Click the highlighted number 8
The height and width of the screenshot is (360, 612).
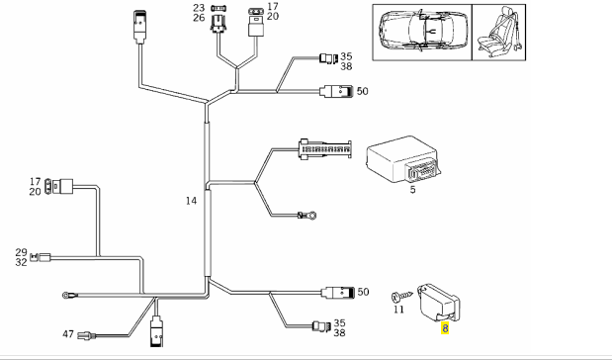coord(445,328)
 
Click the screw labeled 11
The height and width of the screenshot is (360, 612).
coord(401,297)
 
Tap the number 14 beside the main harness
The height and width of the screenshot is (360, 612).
coord(191,201)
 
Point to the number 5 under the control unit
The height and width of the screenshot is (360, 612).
coord(413,190)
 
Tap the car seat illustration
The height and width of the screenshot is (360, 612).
coord(499,32)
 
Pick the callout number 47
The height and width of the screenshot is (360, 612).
coord(68,334)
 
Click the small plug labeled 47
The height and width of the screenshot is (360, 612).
coord(87,335)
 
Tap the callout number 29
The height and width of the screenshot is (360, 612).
coord(21,252)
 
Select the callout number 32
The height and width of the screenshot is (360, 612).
coord(21,262)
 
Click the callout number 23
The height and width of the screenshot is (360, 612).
coord(199,8)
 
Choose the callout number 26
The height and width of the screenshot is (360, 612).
coord(199,18)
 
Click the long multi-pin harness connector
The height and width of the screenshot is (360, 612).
coord(324,148)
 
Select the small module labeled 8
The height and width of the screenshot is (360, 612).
coord(439,303)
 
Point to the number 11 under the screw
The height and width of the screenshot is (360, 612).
coord(398,310)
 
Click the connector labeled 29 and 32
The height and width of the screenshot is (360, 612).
coord(41,257)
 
